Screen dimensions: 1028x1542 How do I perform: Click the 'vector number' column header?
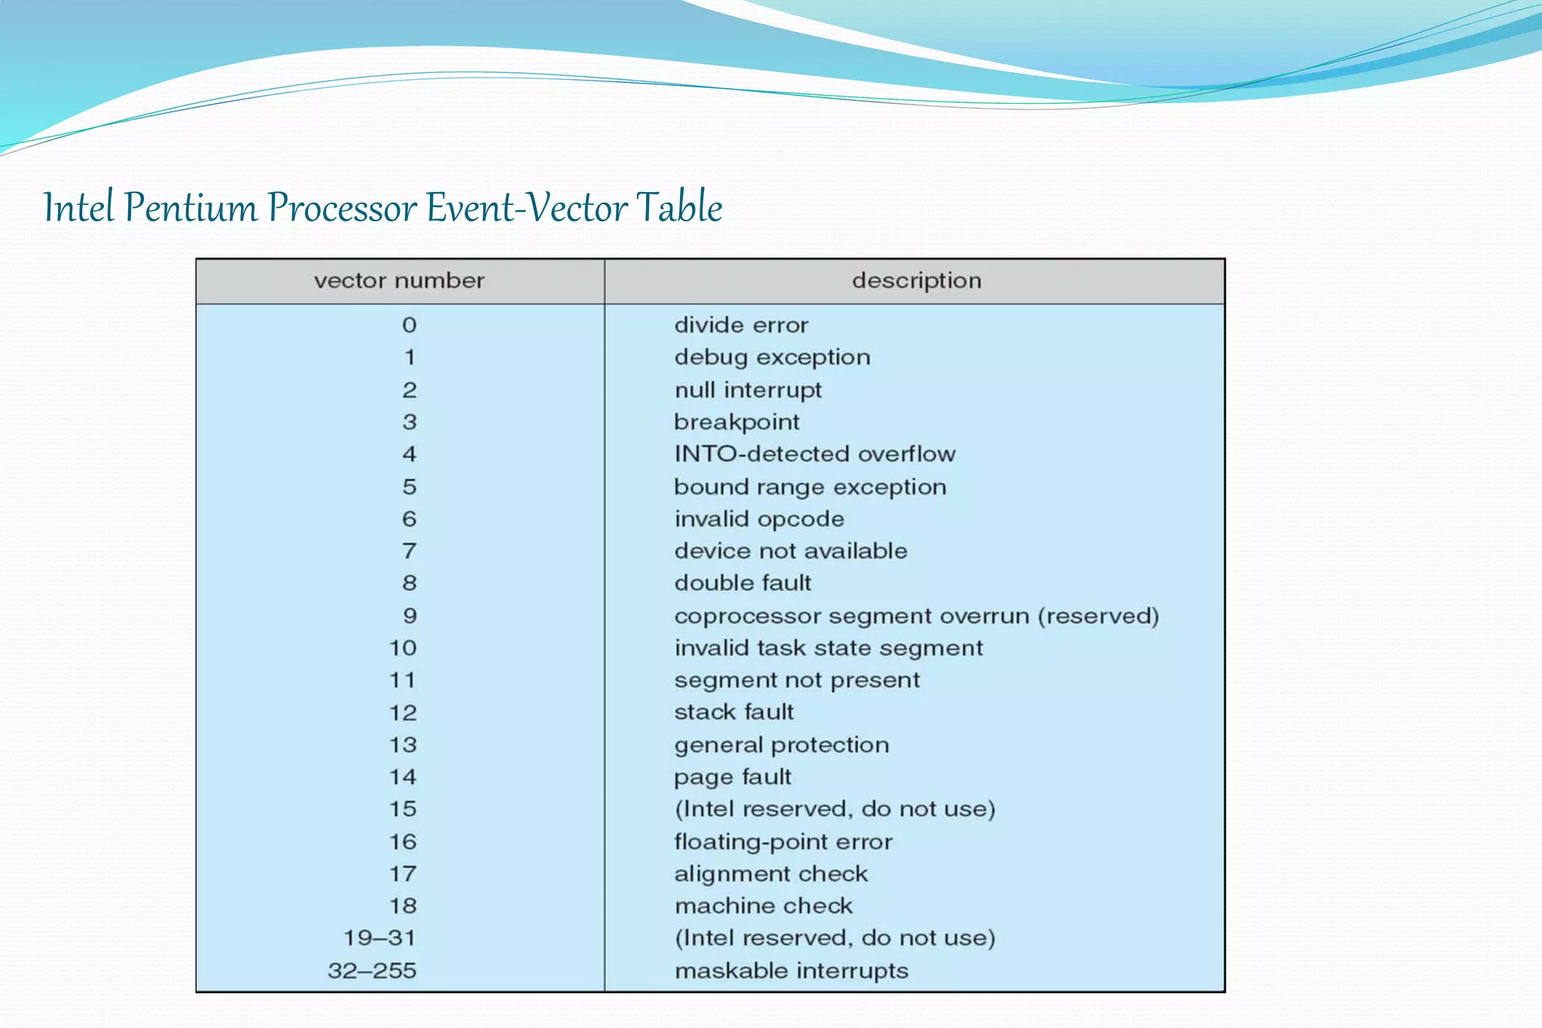[x=399, y=281]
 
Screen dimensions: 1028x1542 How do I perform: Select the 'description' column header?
[x=916, y=281]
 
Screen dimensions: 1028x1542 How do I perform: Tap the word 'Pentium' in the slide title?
[x=190, y=207]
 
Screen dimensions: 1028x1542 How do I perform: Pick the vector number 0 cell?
[x=409, y=325]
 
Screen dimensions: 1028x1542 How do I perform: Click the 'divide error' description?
[x=741, y=325]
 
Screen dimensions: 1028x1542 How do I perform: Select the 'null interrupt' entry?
[x=748, y=390]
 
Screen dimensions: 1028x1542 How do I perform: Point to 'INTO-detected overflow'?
[x=815, y=454]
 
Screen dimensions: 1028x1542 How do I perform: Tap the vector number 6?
[x=409, y=519]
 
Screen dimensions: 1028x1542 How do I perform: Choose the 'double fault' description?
[x=742, y=583]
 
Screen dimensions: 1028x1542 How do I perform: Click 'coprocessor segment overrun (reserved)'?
[x=916, y=616]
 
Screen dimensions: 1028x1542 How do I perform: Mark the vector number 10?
[x=403, y=648]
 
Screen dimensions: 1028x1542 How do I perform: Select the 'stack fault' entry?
[x=733, y=712]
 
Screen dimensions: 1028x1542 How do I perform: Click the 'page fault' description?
[x=733, y=777]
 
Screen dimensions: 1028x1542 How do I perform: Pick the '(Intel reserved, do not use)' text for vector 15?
[x=834, y=809]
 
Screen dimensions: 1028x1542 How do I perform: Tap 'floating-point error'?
[x=783, y=841]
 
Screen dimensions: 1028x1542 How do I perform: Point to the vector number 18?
[x=403, y=906]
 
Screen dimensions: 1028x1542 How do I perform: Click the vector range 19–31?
[x=379, y=938]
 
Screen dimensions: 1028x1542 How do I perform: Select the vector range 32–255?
[x=372, y=971]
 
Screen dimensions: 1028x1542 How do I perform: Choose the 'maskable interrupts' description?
[x=791, y=971]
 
